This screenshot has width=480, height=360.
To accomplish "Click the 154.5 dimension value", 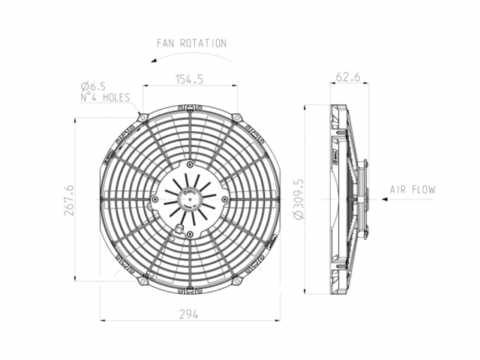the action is tap(189, 79).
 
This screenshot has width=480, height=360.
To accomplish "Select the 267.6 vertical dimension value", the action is tap(70, 200).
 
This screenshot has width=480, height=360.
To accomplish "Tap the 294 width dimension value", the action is tap(188, 314).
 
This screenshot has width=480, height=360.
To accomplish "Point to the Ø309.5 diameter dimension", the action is tap(298, 199).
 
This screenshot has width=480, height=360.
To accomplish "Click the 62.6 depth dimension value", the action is tap(348, 76).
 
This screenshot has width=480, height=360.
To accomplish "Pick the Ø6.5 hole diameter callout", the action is tap(93, 87).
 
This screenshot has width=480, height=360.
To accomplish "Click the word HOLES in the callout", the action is tap(116, 97).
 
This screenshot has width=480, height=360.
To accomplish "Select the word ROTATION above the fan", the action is tap(203, 43).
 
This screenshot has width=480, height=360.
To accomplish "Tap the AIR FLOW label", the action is tap(412, 190).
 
